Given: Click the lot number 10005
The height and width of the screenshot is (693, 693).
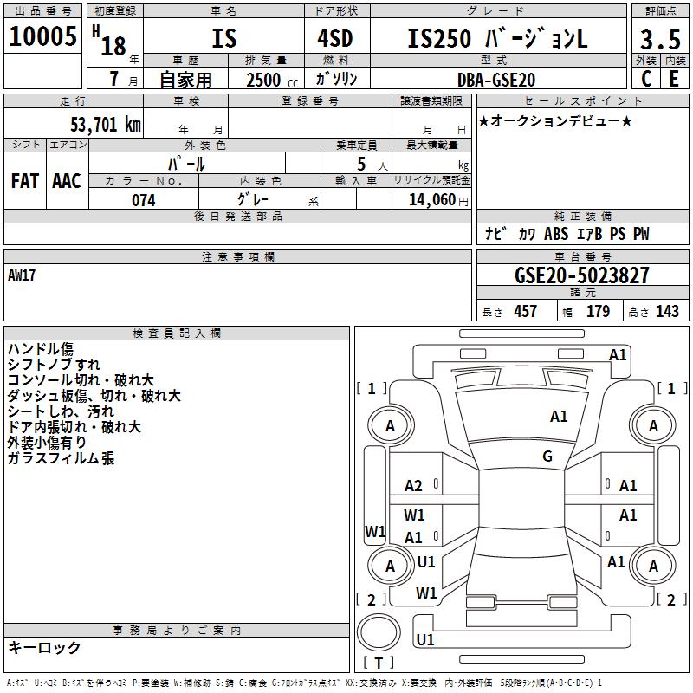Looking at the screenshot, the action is [x=43, y=36].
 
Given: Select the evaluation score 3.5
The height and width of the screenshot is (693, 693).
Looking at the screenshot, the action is [x=660, y=39].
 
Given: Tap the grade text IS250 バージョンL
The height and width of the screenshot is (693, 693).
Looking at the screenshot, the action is [x=497, y=38].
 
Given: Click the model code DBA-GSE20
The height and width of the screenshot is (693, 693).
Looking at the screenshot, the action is [x=496, y=80].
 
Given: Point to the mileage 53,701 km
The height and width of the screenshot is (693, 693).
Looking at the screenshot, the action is [x=105, y=125].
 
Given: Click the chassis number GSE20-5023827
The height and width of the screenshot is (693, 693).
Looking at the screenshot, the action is [x=581, y=276].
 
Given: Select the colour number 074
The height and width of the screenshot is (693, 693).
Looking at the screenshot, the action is [x=143, y=200].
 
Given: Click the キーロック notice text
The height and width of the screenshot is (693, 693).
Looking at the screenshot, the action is [x=44, y=647].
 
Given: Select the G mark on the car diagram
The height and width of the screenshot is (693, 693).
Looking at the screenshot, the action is [x=547, y=457].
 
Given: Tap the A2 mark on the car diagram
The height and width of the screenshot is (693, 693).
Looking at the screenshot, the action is [x=414, y=486].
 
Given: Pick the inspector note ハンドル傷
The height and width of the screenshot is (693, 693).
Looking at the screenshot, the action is [x=40, y=348].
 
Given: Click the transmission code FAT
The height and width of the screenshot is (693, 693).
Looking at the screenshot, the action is [x=24, y=181].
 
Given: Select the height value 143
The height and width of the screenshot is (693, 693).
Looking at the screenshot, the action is [x=668, y=311].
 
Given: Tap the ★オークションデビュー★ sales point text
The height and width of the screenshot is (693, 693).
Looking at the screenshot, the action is [x=555, y=120].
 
